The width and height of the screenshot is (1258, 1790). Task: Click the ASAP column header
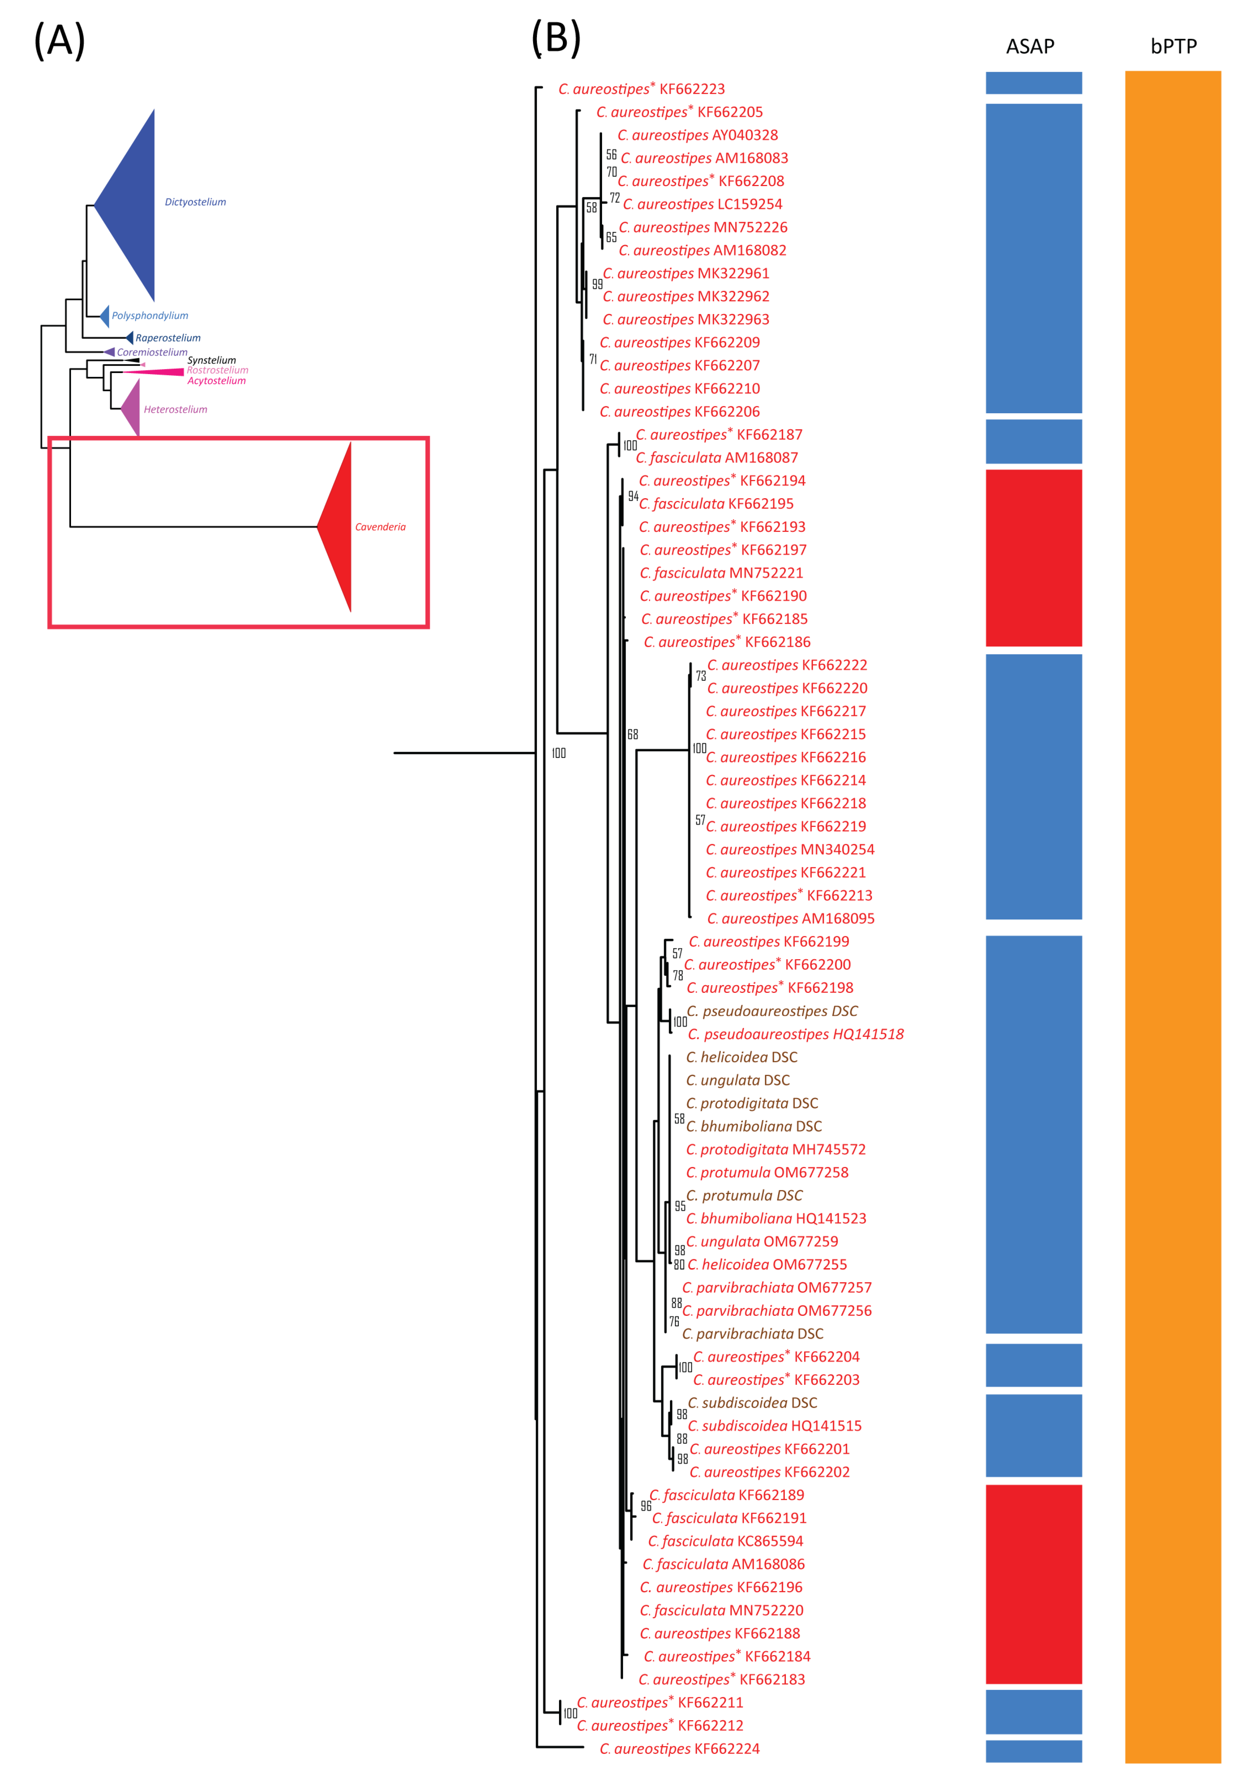click(x=1030, y=47)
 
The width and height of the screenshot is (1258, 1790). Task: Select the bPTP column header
click(x=1173, y=47)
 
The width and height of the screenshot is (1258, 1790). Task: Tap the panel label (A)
click(x=59, y=41)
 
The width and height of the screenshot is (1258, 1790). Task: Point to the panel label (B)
click(x=556, y=38)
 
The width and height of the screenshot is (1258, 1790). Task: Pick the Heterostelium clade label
click(x=175, y=409)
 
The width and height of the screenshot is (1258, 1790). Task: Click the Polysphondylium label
click(x=150, y=316)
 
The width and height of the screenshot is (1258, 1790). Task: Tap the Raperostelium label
click(x=168, y=338)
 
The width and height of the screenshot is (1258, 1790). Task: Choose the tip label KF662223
click(x=641, y=89)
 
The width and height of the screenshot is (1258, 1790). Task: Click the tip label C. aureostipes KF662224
click(x=679, y=1749)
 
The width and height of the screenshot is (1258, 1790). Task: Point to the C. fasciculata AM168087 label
click(x=717, y=457)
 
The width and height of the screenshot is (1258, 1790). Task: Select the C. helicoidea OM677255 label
click(x=767, y=1265)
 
